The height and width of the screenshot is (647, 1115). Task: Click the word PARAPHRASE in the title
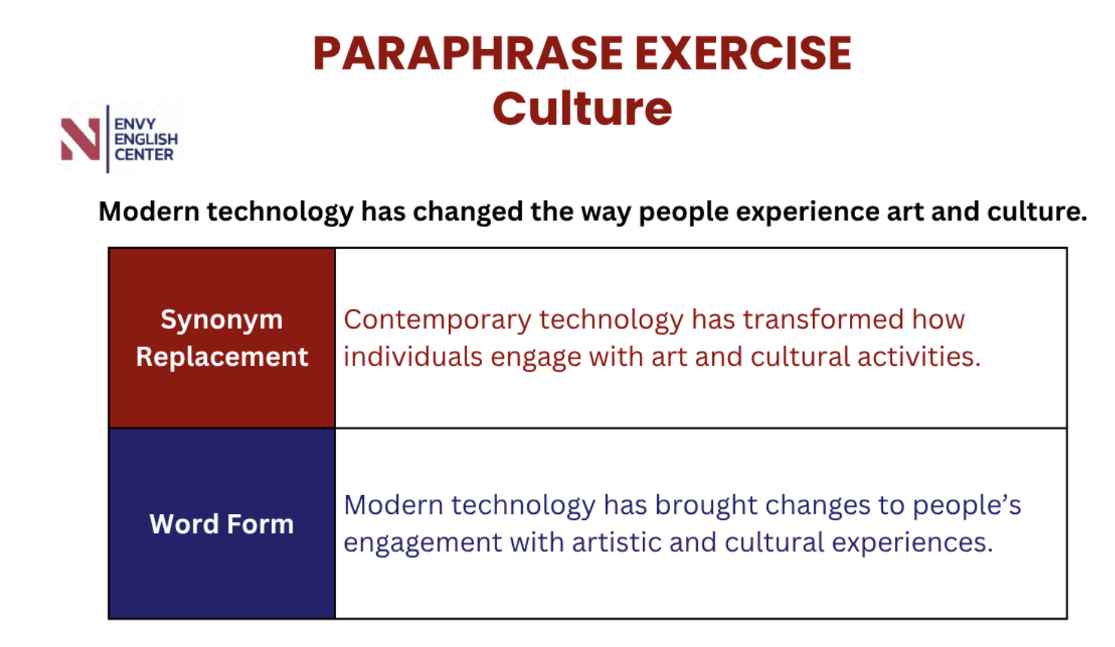[x=468, y=54]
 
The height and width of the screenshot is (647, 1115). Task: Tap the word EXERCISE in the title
[x=743, y=54]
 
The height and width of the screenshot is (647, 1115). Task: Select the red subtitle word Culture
[x=582, y=109]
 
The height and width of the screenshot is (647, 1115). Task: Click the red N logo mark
[x=80, y=139]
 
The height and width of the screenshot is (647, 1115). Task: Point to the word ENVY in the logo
[x=135, y=124]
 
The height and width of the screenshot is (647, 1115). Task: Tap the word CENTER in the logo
[x=144, y=155]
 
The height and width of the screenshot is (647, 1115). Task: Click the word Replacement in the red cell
[x=222, y=358]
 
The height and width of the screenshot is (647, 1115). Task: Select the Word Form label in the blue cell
[x=221, y=524]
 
